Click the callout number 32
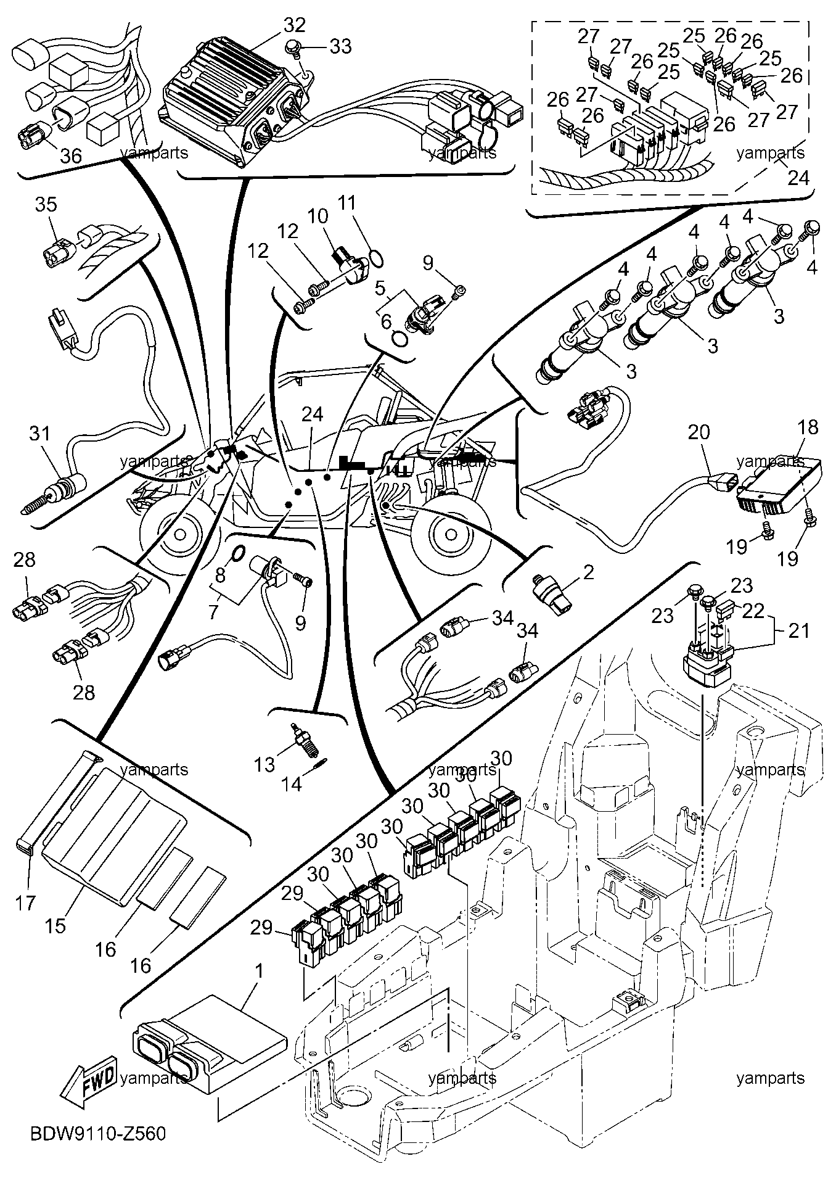click(295, 25)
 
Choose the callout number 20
click(699, 432)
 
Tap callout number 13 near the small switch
click(266, 764)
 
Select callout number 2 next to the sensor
click(588, 572)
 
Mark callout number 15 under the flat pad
click(55, 926)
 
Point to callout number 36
click(72, 155)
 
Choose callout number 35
click(46, 204)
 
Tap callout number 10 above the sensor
click(318, 216)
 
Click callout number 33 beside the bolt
click(340, 46)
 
